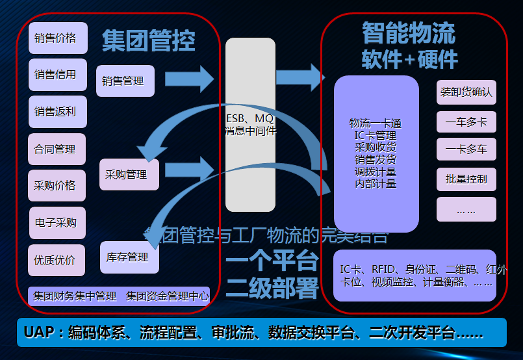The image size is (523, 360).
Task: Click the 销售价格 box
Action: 56,38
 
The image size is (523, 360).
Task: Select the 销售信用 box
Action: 56,75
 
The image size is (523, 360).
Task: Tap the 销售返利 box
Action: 56,112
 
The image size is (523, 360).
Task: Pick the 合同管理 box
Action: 56,149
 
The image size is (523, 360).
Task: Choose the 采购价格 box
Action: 56,186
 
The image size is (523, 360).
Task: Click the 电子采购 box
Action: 56,223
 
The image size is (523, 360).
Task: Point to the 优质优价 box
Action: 56,260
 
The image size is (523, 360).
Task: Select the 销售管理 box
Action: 125,81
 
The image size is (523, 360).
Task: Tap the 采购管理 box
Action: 129,174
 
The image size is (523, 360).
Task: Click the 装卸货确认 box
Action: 466,92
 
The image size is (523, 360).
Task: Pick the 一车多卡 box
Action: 466,122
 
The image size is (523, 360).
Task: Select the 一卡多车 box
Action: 466,150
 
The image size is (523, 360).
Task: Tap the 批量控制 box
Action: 466,179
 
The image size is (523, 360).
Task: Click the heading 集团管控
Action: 148,40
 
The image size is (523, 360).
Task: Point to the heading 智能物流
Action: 408,32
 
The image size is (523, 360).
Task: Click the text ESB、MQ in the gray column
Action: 250,119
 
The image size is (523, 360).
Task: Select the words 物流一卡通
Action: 376,123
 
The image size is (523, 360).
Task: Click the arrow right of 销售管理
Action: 189,79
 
